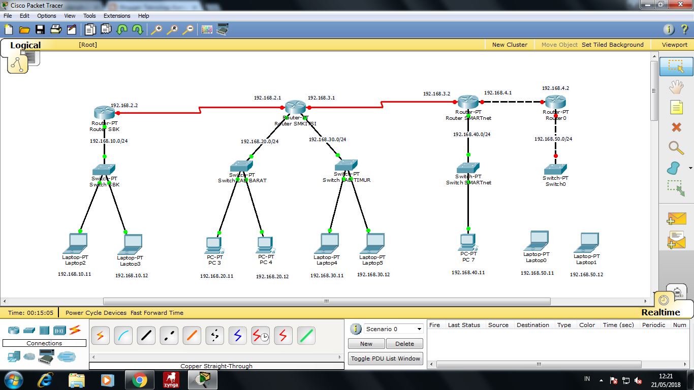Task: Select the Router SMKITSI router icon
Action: (x=295, y=107)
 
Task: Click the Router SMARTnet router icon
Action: (x=468, y=102)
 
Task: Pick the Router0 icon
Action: (x=555, y=102)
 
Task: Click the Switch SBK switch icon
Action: (x=104, y=170)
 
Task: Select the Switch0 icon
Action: (x=555, y=169)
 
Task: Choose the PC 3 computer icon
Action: (x=214, y=245)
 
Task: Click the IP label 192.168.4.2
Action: (x=555, y=88)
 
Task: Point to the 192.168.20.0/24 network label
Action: (x=260, y=142)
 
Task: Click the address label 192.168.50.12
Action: (x=586, y=274)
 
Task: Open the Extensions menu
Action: (x=117, y=16)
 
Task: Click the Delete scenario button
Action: (x=404, y=344)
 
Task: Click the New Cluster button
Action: (x=510, y=45)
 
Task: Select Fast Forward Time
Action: (x=156, y=313)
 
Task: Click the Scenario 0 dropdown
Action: (x=393, y=329)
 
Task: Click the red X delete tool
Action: (x=676, y=127)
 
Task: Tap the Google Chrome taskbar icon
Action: (x=140, y=380)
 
